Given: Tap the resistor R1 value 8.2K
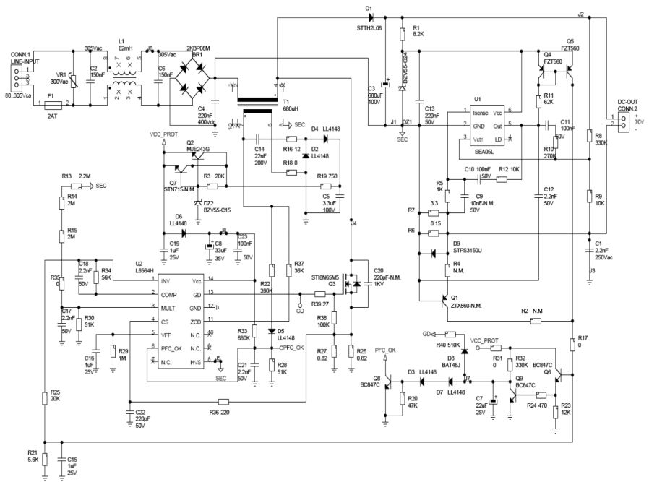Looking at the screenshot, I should [x=417, y=33].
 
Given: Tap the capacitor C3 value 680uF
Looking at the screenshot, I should [x=375, y=95].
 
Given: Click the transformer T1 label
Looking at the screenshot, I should [x=286, y=102].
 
